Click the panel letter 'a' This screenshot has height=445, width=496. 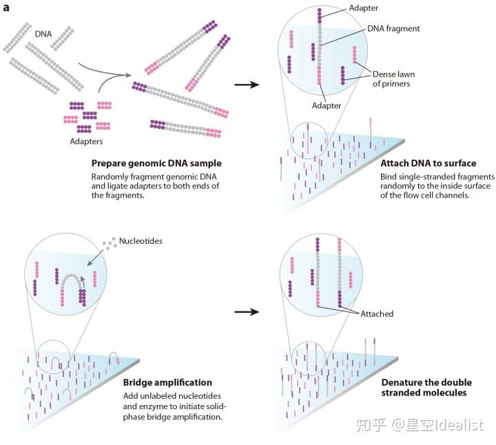click(6, 8)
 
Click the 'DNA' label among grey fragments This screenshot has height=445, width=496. click(43, 34)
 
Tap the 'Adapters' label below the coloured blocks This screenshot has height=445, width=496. click(86, 141)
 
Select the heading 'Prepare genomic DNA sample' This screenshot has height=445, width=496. click(156, 163)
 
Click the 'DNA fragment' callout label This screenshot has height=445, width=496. click(393, 28)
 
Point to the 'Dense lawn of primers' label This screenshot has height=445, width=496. click(393, 79)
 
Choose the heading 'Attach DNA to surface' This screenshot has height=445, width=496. click(428, 163)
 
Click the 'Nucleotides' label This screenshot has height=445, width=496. click(141, 240)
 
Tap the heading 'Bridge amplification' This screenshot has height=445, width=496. click(167, 382)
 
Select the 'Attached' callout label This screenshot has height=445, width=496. click(377, 313)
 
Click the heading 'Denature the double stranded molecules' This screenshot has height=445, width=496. click(426, 387)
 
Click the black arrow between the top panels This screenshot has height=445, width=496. click(247, 85)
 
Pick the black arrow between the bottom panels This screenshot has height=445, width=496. click(247, 312)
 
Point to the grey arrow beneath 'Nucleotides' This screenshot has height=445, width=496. click(95, 257)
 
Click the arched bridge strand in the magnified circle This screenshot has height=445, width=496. click(72, 276)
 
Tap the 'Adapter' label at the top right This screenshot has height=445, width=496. click(363, 8)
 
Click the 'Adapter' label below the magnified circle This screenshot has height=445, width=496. click(326, 105)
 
